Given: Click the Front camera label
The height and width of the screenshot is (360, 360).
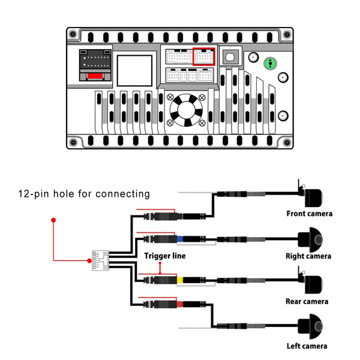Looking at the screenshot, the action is (309, 214).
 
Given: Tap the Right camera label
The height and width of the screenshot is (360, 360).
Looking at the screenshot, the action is (308, 256).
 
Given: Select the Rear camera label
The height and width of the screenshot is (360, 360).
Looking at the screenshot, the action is (307, 301).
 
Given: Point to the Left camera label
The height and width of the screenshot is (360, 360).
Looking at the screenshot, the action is (307, 346).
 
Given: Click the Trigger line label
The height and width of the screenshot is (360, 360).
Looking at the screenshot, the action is (165, 256).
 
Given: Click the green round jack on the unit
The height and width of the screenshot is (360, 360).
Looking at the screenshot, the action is (270, 64).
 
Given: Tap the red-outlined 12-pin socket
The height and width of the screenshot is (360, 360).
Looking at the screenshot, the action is (203, 56).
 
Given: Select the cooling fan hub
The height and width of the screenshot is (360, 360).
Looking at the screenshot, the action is (186, 110).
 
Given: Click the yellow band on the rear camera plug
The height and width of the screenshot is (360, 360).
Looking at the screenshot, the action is (180, 280).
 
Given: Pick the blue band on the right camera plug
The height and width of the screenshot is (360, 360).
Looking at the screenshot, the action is (180, 239).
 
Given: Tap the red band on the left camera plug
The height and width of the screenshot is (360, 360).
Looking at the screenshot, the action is (180, 304).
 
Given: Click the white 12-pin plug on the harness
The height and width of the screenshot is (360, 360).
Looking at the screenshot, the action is (100, 260).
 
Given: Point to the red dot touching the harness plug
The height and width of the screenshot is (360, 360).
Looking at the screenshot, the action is (89, 260).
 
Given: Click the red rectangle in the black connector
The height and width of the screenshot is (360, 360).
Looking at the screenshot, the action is (95, 76).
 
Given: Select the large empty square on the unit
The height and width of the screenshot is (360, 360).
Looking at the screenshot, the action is (134, 71).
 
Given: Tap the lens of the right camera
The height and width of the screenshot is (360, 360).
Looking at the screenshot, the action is (319, 240).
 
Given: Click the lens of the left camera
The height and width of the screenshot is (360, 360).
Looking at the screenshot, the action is (319, 326).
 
